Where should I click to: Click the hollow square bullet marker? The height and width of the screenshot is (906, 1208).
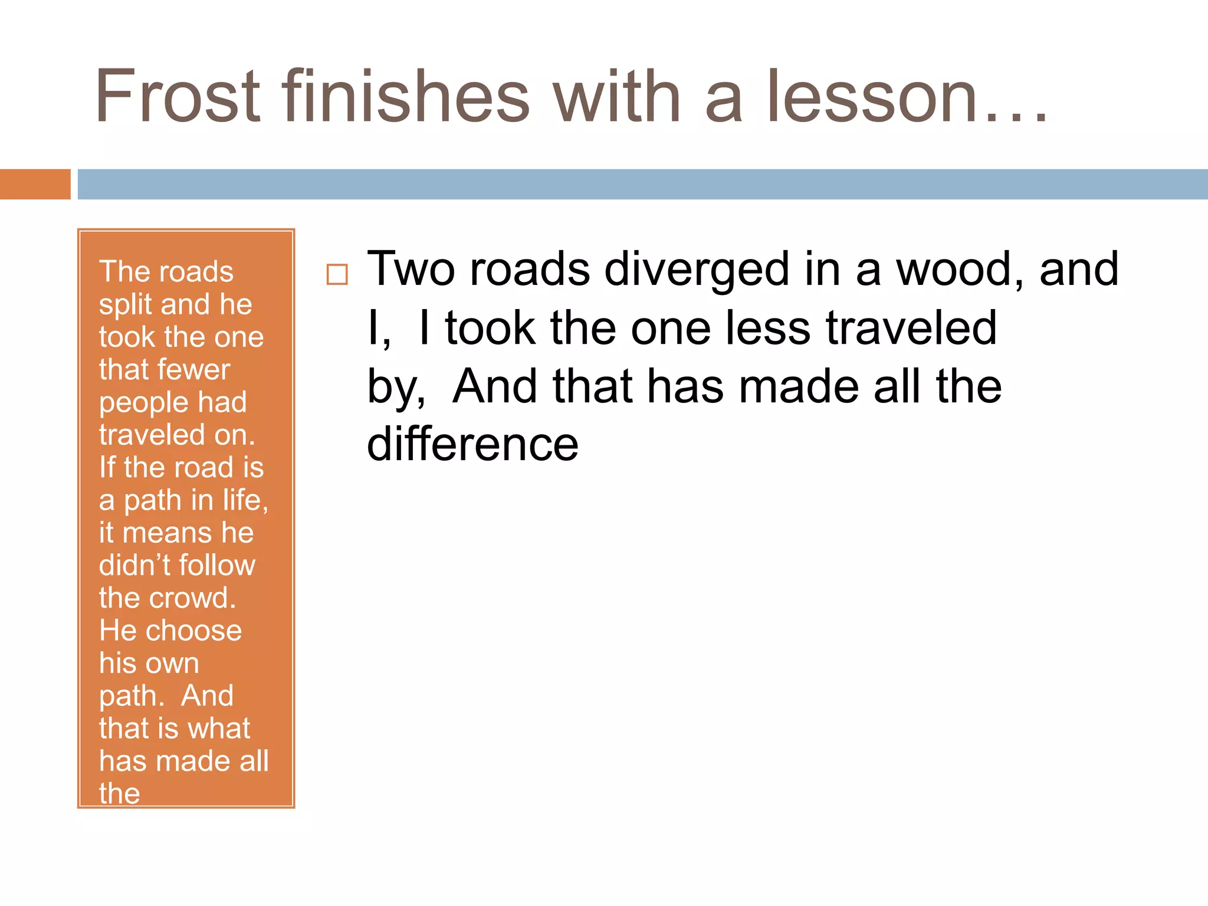click(x=337, y=275)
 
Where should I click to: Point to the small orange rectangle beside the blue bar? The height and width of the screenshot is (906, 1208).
click(x=35, y=184)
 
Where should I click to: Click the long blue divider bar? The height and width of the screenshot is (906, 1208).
click(x=642, y=184)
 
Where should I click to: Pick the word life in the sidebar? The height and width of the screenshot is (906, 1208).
click(x=245, y=500)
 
